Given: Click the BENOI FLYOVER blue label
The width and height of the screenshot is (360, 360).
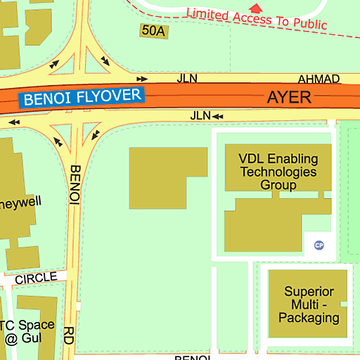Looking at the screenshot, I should click(x=82, y=97).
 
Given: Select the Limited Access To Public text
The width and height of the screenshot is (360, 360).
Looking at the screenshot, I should click(x=257, y=18).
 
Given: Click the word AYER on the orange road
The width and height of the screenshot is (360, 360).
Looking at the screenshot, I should click(x=288, y=97).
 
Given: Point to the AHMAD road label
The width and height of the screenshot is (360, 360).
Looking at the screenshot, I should click(x=319, y=79).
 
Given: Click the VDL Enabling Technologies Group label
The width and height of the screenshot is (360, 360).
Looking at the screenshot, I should click(x=278, y=172).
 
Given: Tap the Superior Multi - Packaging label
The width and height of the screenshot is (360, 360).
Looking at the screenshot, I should click(x=309, y=304).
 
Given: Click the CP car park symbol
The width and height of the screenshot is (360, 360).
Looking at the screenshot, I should click(x=319, y=245).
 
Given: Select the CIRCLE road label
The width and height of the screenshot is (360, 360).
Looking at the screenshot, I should click(x=36, y=278).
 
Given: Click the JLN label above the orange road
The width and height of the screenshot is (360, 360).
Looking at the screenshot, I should click(x=187, y=79).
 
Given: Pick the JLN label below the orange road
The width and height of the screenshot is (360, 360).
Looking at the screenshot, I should click(x=200, y=115).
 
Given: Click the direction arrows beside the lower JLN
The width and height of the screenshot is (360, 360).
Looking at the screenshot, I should click(x=219, y=115).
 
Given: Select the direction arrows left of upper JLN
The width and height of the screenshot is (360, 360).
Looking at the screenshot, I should click(x=142, y=79).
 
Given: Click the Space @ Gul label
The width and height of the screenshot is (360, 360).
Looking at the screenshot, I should click(x=28, y=331).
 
